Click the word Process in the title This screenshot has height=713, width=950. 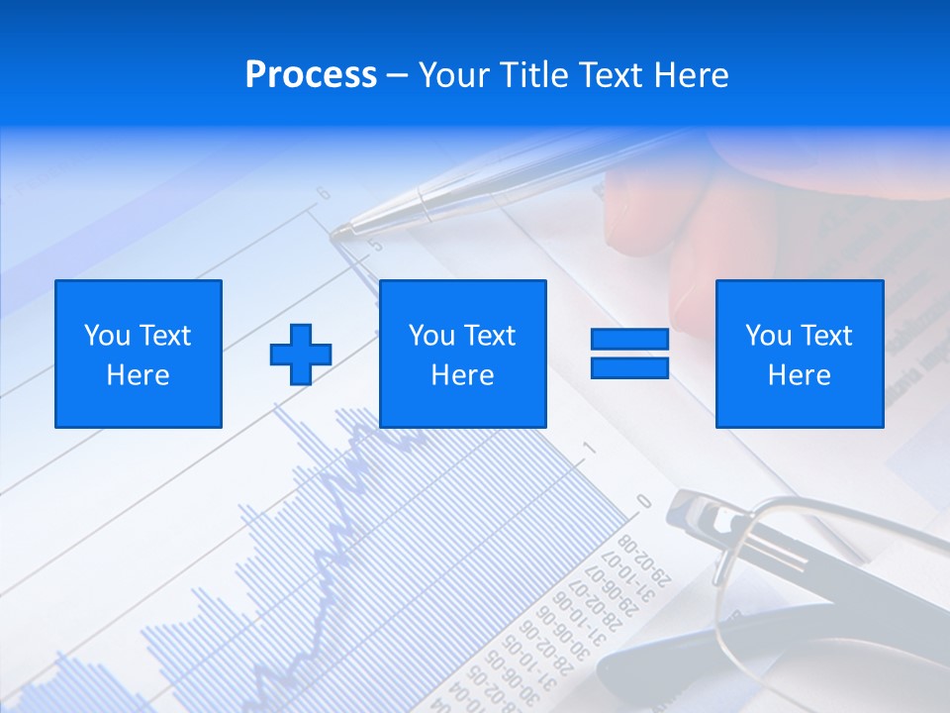[x=311, y=75]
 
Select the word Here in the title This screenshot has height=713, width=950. [x=692, y=75]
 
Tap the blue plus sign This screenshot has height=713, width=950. [x=301, y=354]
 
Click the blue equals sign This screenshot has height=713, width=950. [x=629, y=354]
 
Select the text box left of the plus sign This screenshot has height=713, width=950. [x=139, y=354]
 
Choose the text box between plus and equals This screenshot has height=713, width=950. [x=462, y=354]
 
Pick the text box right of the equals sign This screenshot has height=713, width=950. [x=799, y=354]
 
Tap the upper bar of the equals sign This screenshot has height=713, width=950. [x=629, y=340]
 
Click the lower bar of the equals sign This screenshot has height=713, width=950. [x=629, y=367]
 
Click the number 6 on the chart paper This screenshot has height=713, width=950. [x=324, y=194]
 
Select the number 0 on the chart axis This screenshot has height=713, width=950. [x=644, y=501]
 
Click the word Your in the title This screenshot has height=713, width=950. [x=452, y=75]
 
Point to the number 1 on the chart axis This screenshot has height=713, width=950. [x=589, y=449]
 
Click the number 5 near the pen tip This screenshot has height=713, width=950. [x=373, y=244]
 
